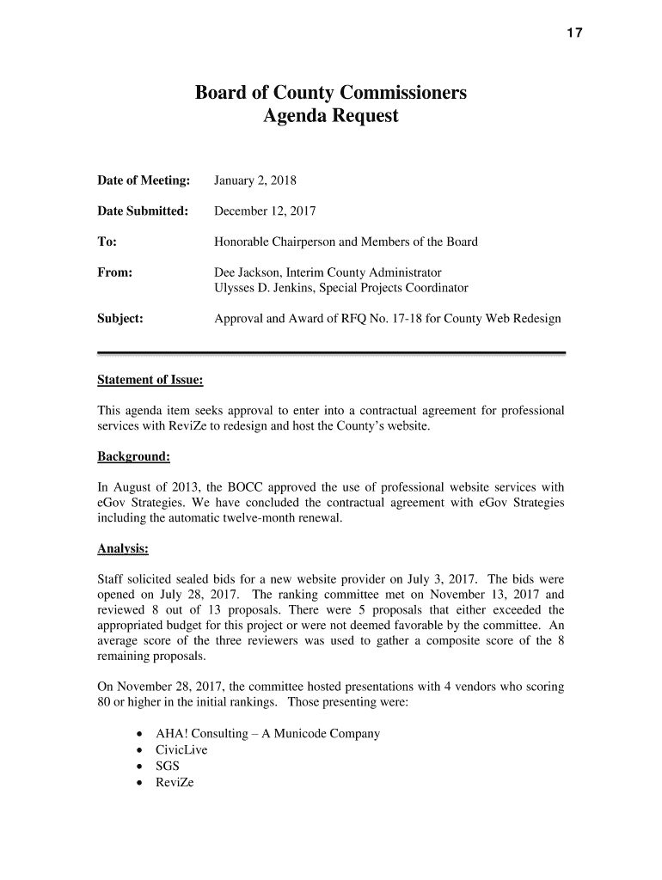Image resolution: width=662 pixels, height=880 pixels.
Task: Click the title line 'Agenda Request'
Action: (x=331, y=116)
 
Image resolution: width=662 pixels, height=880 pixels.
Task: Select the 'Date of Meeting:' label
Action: (x=143, y=180)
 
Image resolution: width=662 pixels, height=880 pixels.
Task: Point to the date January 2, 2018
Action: (x=255, y=180)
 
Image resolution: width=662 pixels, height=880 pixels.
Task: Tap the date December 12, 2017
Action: (x=266, y=211)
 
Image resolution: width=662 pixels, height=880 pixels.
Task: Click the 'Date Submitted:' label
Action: (x=143, y=211)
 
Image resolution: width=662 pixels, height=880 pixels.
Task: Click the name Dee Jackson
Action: (x=248, y=272)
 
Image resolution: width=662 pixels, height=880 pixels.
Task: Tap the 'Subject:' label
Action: (x=120, y=318)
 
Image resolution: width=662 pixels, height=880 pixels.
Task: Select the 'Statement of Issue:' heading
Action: (x=150, y=380)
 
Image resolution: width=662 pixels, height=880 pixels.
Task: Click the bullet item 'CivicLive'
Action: (x=181, y=749)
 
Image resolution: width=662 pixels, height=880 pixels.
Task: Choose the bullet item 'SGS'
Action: (x=169, y=765)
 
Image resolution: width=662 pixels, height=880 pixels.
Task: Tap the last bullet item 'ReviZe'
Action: (x=175, y=781)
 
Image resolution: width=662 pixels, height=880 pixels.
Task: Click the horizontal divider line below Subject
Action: (x=331, y=352)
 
